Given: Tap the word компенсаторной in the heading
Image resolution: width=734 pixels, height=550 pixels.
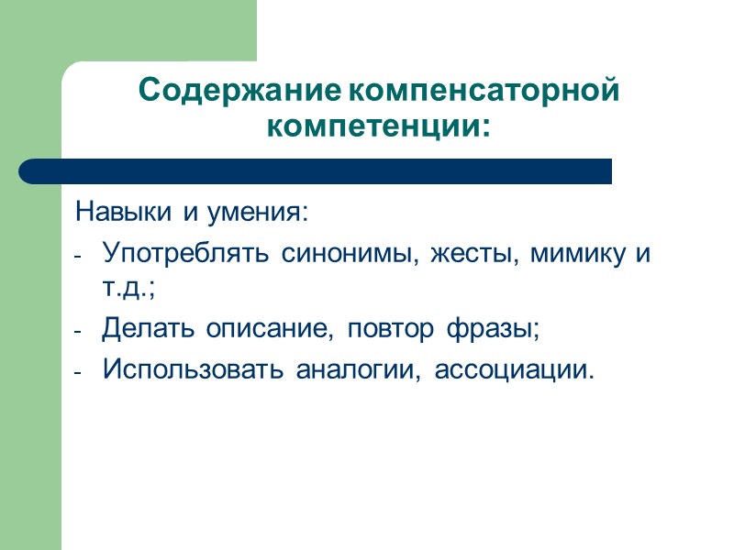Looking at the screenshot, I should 484,93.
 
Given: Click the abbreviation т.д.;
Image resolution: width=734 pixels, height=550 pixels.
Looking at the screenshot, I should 129,287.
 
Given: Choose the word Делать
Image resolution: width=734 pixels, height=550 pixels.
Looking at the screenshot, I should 150,327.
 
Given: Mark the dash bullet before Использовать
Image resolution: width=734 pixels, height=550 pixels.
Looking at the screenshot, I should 78,371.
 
